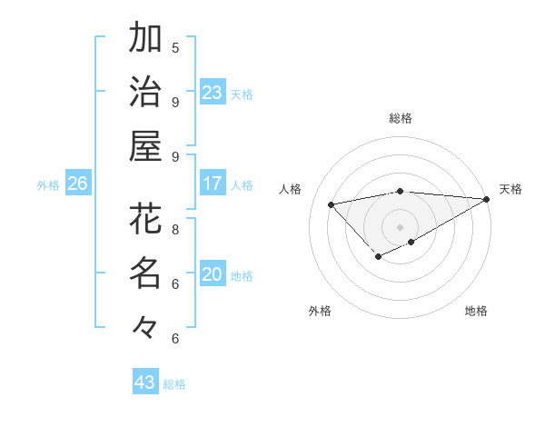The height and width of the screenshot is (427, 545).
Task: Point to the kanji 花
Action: pos(145,218)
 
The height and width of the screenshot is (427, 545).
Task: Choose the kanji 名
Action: pos(145,272)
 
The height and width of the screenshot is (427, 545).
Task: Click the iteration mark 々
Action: pos(145,326)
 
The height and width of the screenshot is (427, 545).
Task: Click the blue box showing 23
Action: pos(213,93)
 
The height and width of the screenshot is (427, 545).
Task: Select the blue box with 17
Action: pos(213,184)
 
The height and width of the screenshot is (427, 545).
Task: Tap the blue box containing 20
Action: pos(213,274)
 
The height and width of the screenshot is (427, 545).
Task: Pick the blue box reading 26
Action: pos(77,184)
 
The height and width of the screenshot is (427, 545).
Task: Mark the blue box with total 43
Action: pos(145,382)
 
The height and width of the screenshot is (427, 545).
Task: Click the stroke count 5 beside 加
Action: pos(175,47)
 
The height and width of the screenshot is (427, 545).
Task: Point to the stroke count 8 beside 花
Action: pos(175,229)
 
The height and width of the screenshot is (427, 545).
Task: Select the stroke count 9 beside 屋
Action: pos(175,156)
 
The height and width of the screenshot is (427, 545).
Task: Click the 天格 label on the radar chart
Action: pos(510,189)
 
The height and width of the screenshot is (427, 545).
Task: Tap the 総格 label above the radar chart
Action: pos(400,118)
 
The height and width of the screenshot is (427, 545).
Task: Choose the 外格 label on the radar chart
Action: pos(320,311)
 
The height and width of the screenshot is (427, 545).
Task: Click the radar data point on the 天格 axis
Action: pos(487,199)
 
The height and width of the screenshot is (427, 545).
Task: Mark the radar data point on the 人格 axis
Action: pos(332,204)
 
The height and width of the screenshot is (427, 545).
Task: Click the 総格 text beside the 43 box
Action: pos(174,384)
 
